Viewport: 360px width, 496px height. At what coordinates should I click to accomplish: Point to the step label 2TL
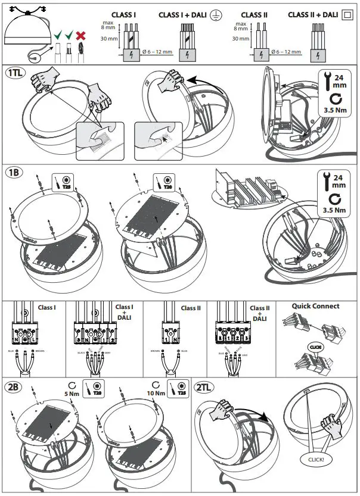pos(206,386)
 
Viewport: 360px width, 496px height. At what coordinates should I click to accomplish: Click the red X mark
pos(80,36)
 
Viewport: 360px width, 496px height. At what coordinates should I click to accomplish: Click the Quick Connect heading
pos(315,306)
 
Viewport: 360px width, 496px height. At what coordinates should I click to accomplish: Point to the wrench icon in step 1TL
pos(325,80)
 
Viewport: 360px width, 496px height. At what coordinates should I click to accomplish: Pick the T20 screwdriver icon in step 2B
pos(91,389)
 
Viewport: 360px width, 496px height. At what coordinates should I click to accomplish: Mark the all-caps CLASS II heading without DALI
pos(253,14)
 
